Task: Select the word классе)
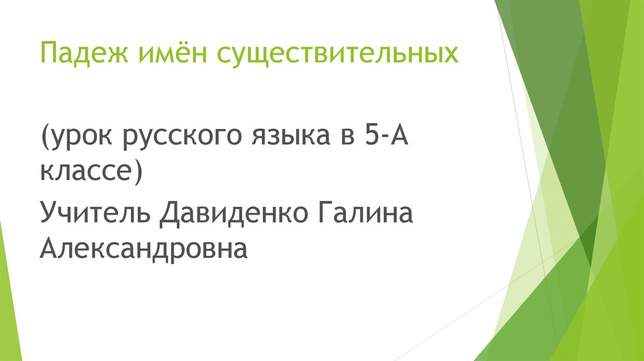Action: (x=91, y=171)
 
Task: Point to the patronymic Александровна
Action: (x=143, y=249)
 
